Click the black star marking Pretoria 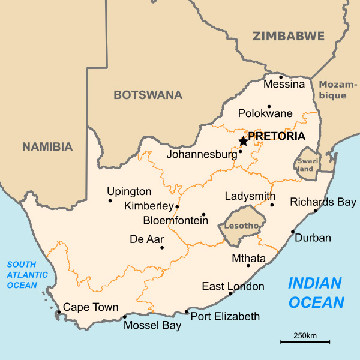pyautogui.click(x=243, y=141)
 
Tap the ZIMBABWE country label pyautogui.click(x=288, y=36)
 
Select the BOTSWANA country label pyautogui.click(x=148, y=95)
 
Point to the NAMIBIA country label pyautogui.click(x=47, y=146)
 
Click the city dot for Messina pyautogui.click(x=281, y=77)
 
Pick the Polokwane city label pyautogui.click(x=265, y=113)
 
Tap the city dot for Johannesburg pyautogui.click(x=241, y=151)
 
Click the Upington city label pyautogui.click(x=129, y=192)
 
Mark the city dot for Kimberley pyautogui.click(x=177, y=206)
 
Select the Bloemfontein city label pyautogui.click(x=175, y=220)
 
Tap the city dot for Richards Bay pyautogui.click(x=315, y=211)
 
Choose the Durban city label pyautogui.click(x=313, y=238)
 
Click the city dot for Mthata pyautogui.click(x=248, y=265)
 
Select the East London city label pyautogui.click(x=233, y=286)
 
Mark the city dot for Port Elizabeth pyautogui.click(x=187, y=312)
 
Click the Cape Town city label pyautogui.click(x=91, y=308)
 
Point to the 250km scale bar pyautogui.click(x=305, y=342)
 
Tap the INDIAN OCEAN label pyautogui.click(x=315, y=292)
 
